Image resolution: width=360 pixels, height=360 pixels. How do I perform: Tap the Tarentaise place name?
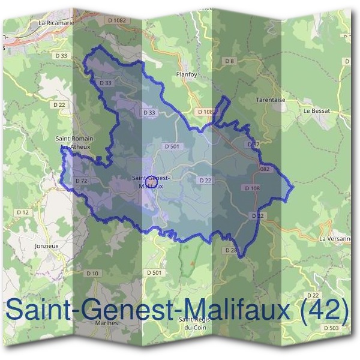tap(268, 100)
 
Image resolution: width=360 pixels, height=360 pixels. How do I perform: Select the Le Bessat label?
tap(317, 111)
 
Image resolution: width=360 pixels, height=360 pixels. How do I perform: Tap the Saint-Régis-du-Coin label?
tap(196, 323)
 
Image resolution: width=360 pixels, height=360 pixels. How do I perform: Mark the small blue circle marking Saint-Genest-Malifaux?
tap(152, 179)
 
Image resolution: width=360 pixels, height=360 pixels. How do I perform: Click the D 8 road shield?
tap(229, 61)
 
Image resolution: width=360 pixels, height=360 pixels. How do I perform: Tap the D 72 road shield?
tap(82, 180)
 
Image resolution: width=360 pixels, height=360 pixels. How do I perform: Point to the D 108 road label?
tap(252, 188)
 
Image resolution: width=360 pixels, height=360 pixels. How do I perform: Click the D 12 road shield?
tap(23, 212)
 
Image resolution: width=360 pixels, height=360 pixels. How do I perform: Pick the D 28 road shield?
tap(231, 250)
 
